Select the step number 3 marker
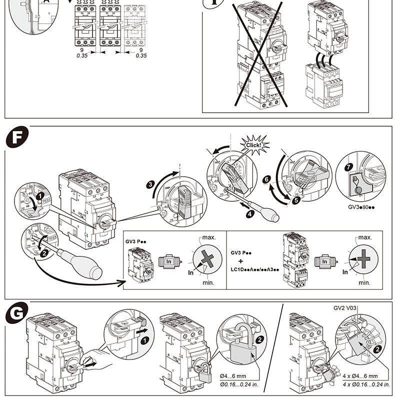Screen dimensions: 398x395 tap(150, 184)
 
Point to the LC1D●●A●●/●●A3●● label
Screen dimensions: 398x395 tap(255, 269)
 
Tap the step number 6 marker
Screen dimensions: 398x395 tap(266, 178)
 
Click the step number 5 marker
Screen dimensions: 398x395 tap(295, 199)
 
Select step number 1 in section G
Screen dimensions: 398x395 tap(144, 340)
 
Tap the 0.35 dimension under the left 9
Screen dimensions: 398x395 tap(83, 56)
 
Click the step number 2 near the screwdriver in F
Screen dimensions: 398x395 tap(44, 253)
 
